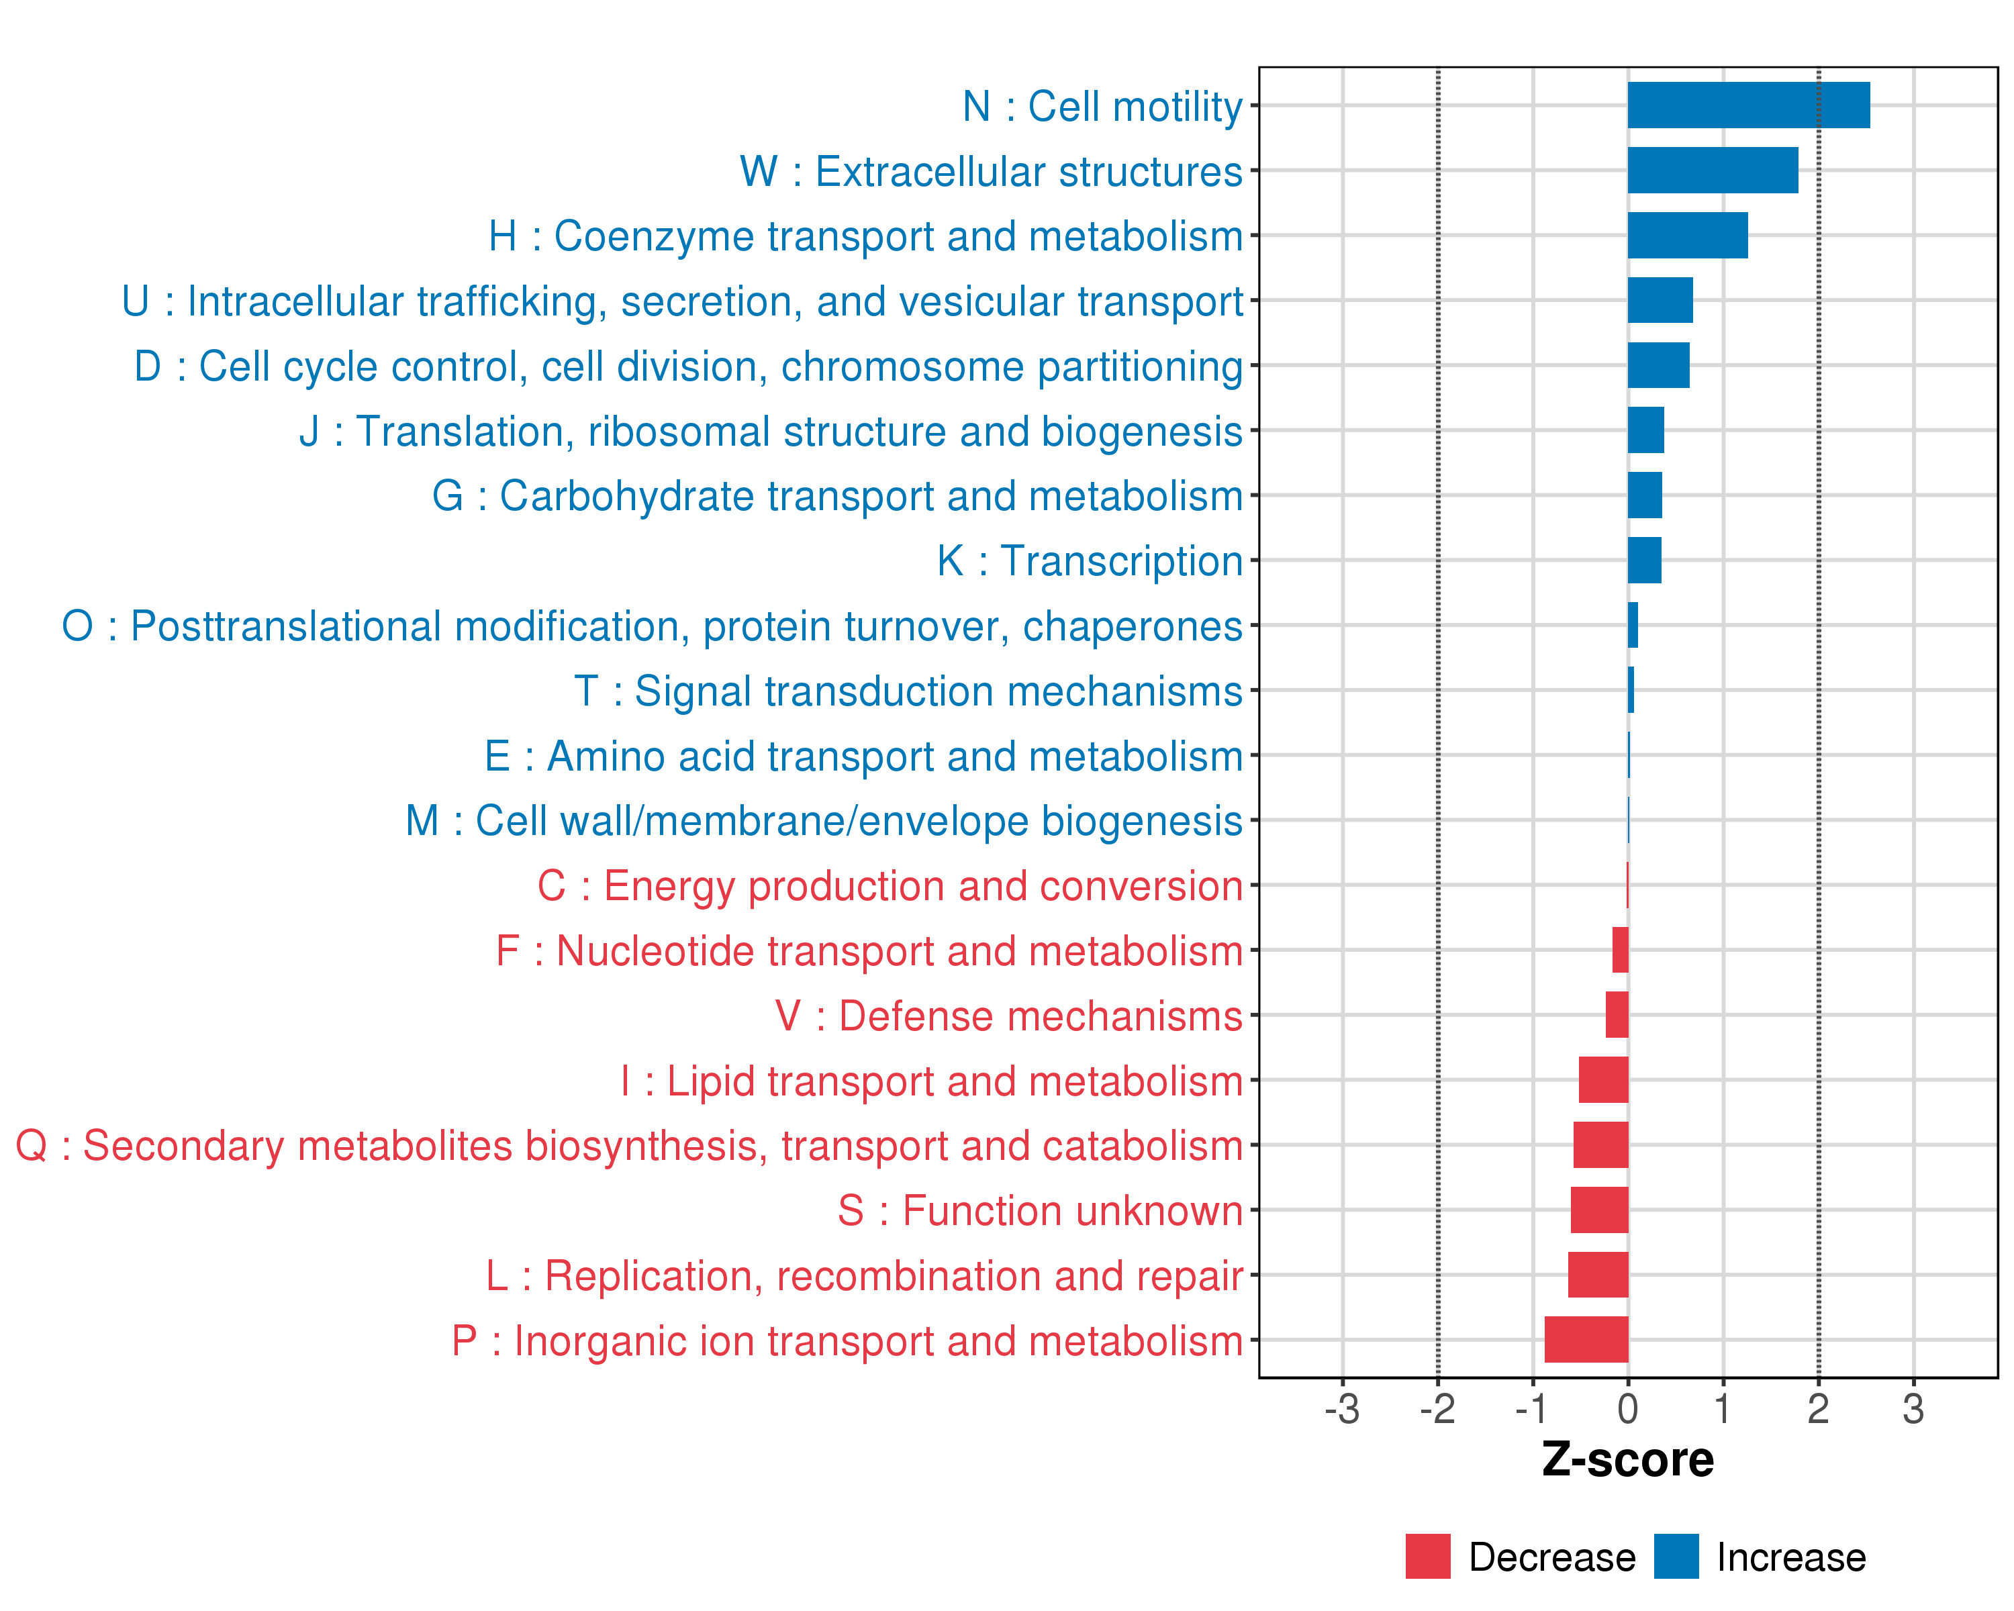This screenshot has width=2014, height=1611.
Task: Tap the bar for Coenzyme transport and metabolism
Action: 1687,236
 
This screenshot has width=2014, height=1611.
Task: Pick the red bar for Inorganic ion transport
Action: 1586,1339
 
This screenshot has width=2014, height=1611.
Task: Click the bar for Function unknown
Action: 1599,1210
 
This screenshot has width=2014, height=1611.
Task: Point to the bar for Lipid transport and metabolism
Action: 1603,1079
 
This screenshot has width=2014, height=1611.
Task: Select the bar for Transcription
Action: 1644,560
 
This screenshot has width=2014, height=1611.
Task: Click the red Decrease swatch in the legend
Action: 1427,1557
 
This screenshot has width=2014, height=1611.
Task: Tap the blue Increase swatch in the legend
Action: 1676,1557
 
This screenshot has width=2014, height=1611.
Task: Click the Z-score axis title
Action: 1627,1460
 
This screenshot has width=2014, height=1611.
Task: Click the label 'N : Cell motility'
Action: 1102,107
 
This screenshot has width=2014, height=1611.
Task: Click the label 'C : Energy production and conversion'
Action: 890,886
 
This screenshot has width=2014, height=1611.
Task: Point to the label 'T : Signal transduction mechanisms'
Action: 908,691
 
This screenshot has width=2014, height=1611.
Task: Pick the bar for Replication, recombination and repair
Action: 1597,1275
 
